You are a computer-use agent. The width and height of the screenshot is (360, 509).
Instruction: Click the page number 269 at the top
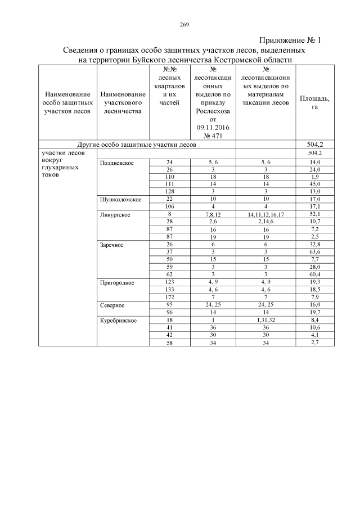tap(184, 24)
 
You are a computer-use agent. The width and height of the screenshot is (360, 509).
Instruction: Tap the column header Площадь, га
tap(314, 102)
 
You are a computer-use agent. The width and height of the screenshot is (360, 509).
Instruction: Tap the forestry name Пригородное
tap(117, 282)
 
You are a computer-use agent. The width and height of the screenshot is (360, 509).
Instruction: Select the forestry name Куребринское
tap(118, 320)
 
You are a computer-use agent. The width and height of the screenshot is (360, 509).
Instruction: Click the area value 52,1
tap(314, 214)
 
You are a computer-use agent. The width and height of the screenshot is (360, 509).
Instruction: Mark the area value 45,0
tap(314, 183)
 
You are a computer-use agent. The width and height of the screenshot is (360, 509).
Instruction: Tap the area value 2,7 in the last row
tap(314, 342)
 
